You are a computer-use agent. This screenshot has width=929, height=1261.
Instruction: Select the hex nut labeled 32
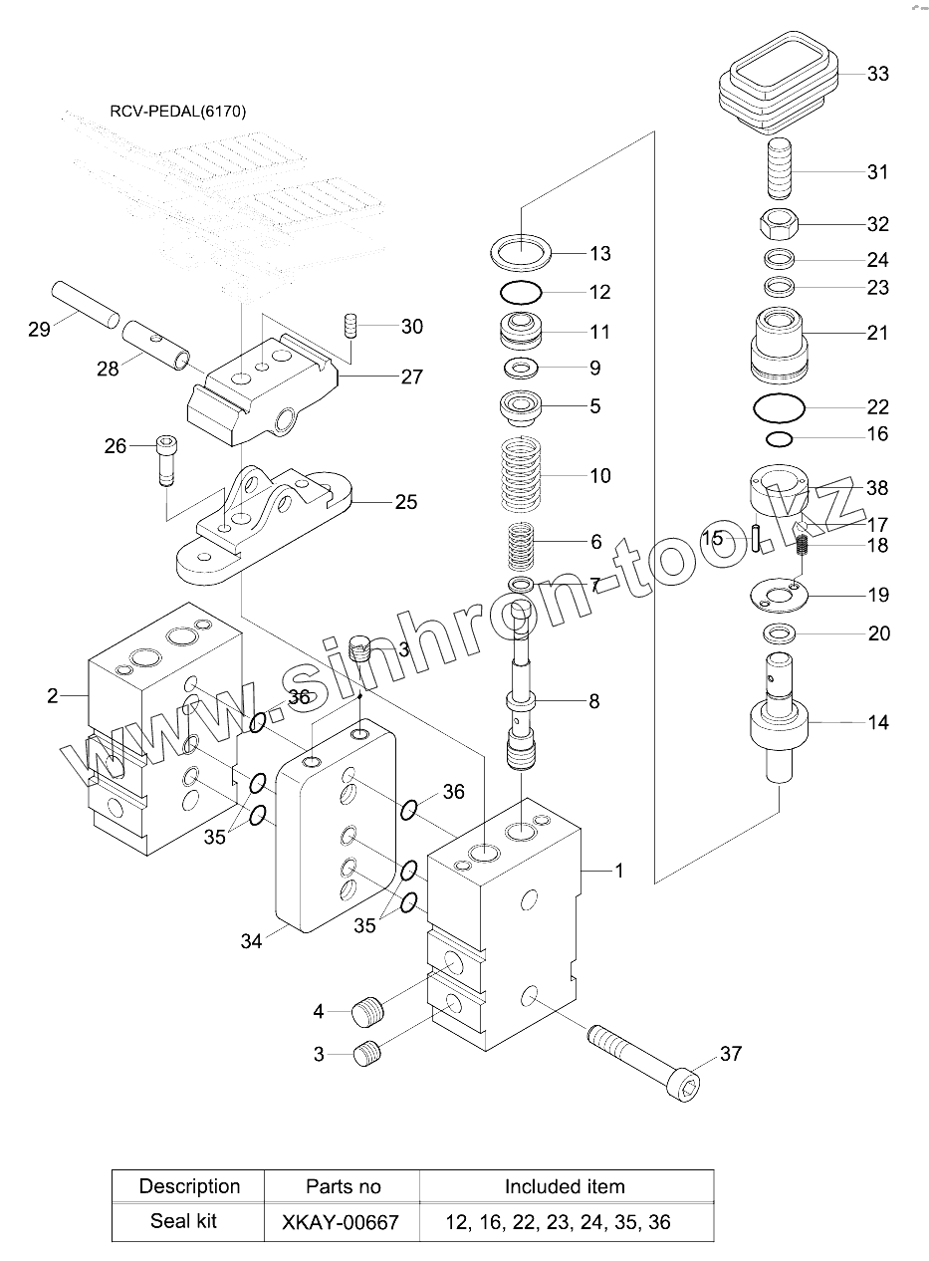pos(780,224)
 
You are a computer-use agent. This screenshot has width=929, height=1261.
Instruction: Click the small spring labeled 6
pos(521,546)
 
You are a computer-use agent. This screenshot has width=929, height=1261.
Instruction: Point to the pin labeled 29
pos(86,304)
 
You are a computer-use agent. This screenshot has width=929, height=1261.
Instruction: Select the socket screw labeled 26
pos(165,460)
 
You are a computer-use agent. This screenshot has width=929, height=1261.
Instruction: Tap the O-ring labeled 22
pos(780,407)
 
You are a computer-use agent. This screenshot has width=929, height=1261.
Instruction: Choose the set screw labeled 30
pos(350,326)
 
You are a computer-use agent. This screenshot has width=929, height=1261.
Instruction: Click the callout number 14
pos(878,722)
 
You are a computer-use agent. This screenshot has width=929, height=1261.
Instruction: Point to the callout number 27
pos(411,377)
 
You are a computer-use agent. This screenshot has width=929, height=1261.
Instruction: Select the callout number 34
pos(251,940)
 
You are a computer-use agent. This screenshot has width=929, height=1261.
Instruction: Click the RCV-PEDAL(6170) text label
pos(178,112)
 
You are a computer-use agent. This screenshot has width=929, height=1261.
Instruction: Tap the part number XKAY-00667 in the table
pos(341,1222)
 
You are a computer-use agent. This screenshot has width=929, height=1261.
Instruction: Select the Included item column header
pos(565,1186)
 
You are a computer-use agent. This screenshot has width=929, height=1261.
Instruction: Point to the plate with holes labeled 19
pos(780,595)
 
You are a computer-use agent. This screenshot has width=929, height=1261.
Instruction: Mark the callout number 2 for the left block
pos(53,696)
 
